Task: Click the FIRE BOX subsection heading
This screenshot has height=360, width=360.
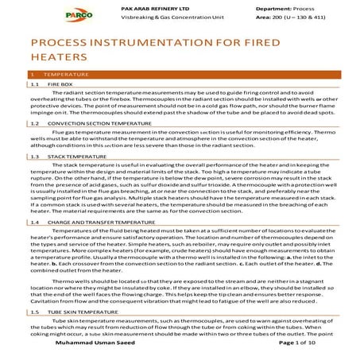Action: (61, 83)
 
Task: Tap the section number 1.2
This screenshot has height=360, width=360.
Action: (33, 125)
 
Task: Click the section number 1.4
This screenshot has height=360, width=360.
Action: (33, 223)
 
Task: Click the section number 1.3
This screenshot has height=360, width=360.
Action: (33, 157)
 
